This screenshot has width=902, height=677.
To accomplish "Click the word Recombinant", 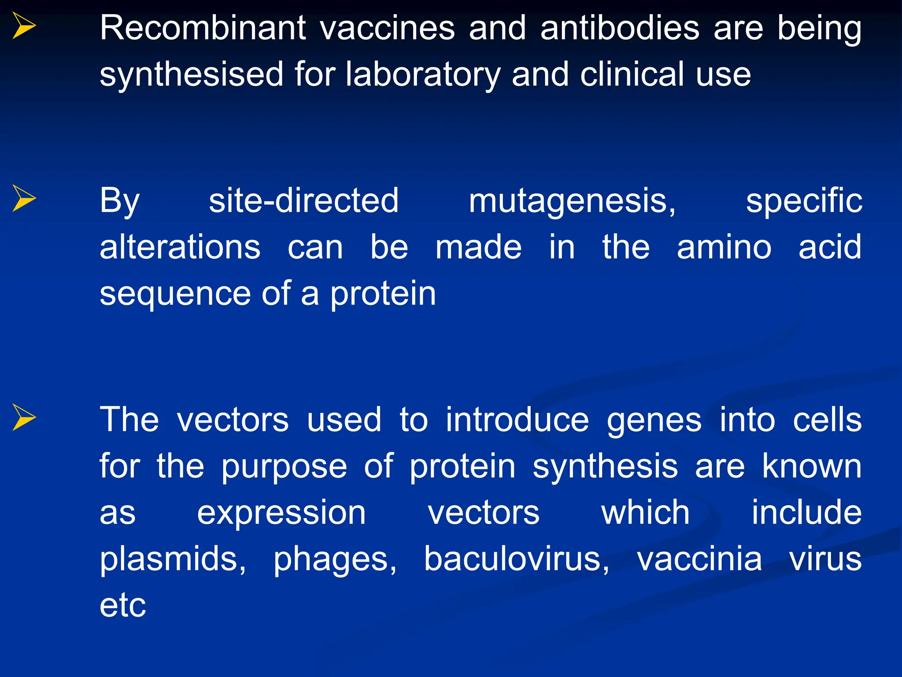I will click(203, 28).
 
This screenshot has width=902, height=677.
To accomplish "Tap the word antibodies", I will click(620, 28).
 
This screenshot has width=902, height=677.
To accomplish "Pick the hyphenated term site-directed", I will click(303, 201).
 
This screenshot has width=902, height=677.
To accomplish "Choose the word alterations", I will click(180, 247).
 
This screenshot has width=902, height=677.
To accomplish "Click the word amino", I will click(724, 247).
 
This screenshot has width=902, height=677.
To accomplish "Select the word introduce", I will click(517, 420).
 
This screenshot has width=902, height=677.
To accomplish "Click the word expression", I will click(281, 513).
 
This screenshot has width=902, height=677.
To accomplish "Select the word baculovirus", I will click(516, 559).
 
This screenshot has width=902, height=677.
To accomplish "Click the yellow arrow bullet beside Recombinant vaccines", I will click(24, 26).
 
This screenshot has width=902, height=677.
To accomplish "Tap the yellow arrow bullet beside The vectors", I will click(24, 417).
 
